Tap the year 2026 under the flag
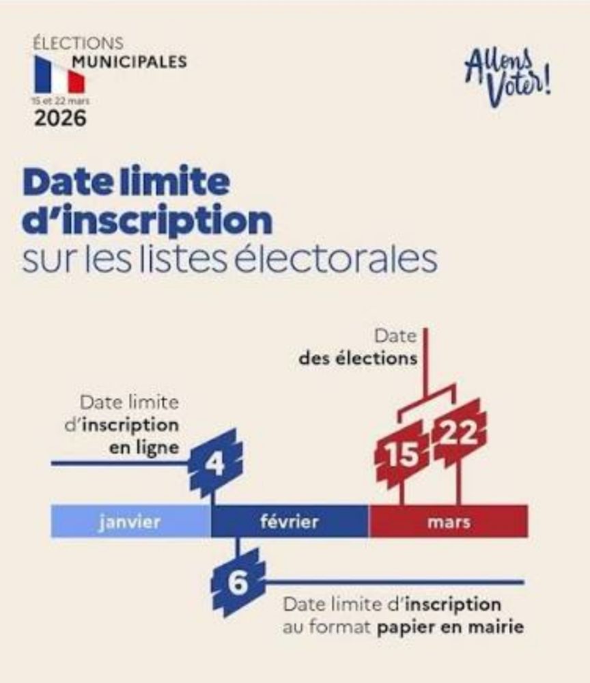(61, 118)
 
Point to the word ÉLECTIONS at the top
(79, 42)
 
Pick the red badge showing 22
(458, 434)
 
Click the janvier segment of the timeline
(130, 522)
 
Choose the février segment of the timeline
(290, 522)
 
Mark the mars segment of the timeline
(449, 522)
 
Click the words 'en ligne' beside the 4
(144, 447)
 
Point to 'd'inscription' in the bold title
(147, 220)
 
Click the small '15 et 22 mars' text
(60, 100)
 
